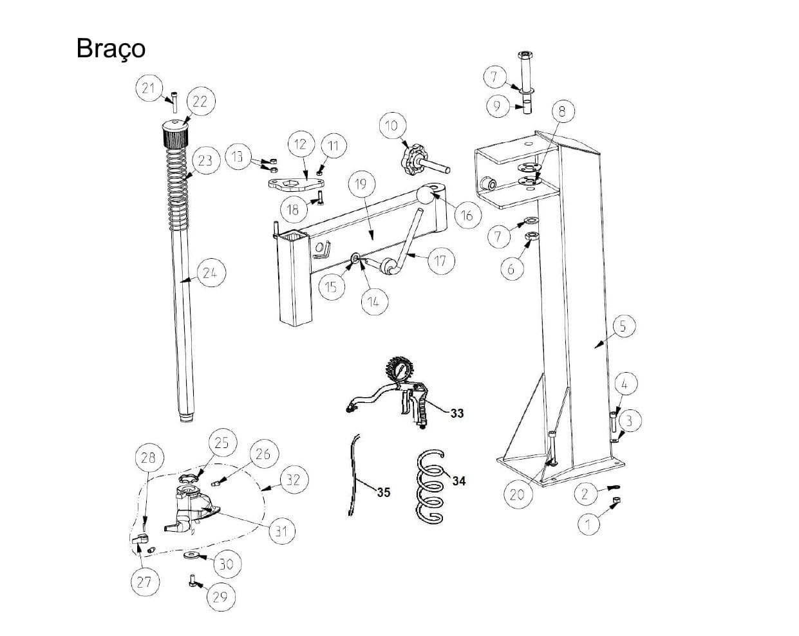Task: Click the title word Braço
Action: pyautogui.click(x=111, y=48)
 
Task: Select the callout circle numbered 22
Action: pyautogui.click(x=200, y=102)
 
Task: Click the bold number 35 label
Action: pyautogui.click(x=383, y=492)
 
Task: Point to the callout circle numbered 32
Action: pyautogui.click(x=294, y=480)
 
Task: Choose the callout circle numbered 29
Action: pyautogui.click(x=220, y=597)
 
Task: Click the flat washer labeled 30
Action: pyautogui.click(x=191, y=555)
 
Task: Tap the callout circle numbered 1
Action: pyautogui.click(x=587, y=525)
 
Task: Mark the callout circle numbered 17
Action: pyautogui.click(x=440, y=261)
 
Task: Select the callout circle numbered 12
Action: pyautogui.click(x=301, y=144)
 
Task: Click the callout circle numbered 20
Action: pyautogui.click(x=517, y=494)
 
